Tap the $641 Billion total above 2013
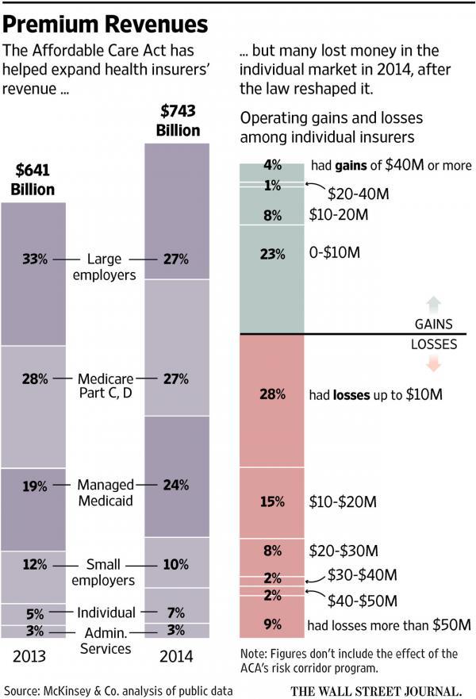tap(33, 179)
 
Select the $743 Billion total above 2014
tap(178, 120)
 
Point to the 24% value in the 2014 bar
tap(176, 485)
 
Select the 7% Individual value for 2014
tap(176, 613)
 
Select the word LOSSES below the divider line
tap(433, 346)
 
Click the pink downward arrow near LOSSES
tap(433, 364)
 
